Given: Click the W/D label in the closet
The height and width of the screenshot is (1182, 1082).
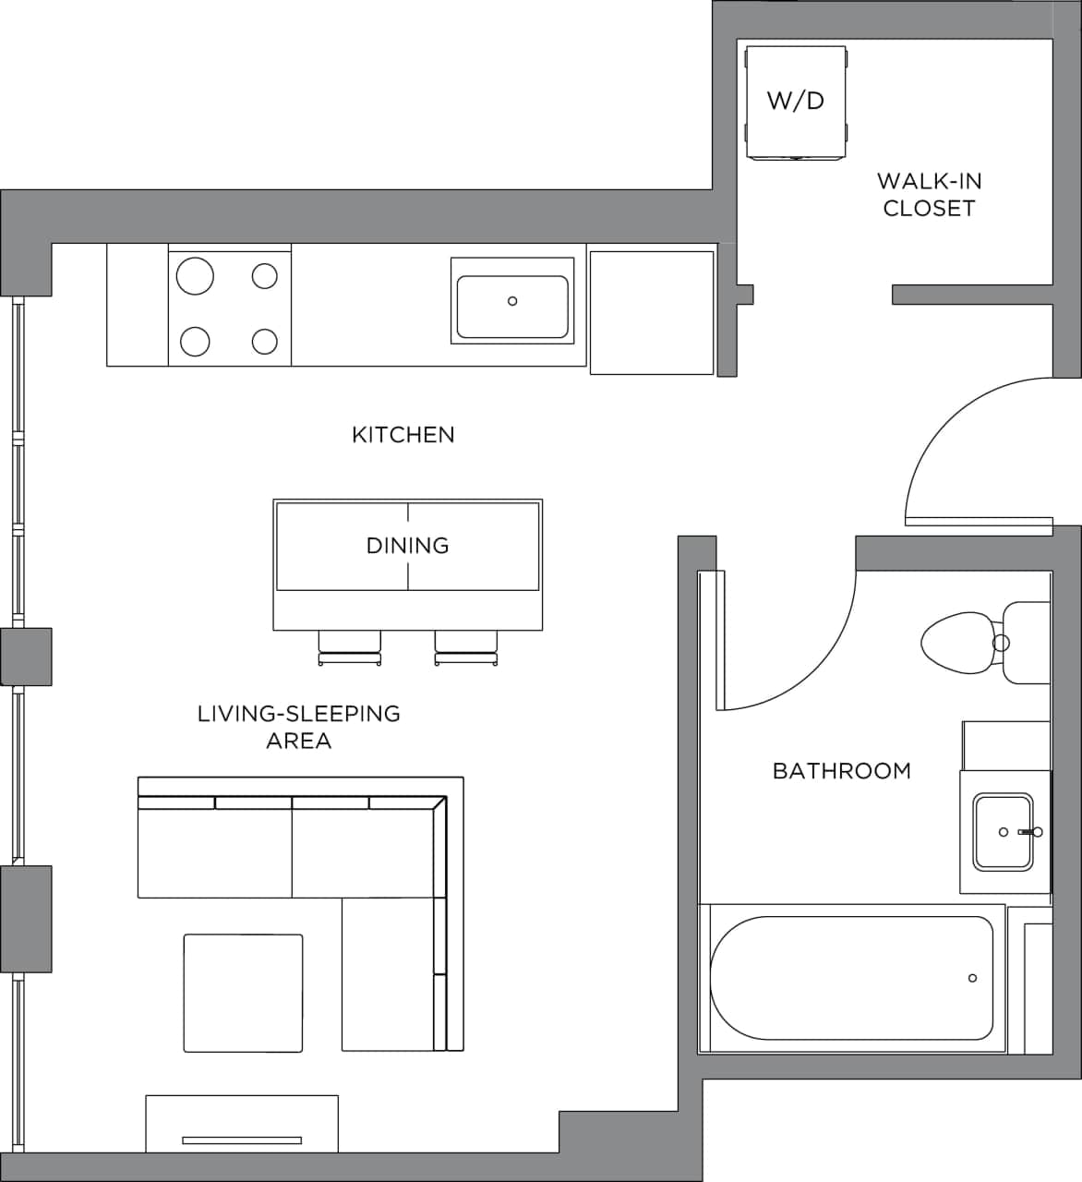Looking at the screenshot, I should click(x=795, y=100).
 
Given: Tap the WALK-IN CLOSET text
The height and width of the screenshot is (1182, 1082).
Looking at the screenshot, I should click(x=929, y=194).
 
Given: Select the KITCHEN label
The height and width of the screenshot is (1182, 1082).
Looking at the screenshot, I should click(x=403, y=434).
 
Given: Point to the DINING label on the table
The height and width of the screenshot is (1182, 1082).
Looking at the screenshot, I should click(x=407, y=545).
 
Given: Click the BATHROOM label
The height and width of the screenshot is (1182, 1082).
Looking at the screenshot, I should click(x=841, y=770).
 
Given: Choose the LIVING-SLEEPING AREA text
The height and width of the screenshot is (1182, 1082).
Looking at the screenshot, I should click(x=298, y=727).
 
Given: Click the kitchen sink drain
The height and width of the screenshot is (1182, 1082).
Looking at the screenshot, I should click(x=512, y=301).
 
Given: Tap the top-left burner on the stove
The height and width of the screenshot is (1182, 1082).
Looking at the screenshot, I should click(x=195, y=275).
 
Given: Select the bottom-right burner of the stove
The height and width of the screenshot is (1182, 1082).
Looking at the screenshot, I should click(x=265, y=342).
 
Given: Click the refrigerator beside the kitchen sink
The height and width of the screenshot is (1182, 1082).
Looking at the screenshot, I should click(x=652, y=312).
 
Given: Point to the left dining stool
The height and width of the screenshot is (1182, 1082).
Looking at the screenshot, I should click(x=349, y=645).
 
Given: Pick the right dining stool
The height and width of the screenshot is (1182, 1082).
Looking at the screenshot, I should click(x=466, y=645).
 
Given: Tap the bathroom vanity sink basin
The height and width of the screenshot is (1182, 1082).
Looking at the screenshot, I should click(x=1002, y=831).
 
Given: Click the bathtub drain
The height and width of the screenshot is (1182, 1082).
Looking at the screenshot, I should click(x=972, y=978).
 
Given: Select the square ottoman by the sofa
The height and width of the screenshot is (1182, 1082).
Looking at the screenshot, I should click(x=243, y=993).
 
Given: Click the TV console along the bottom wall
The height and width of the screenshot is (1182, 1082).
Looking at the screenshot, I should click(x=242, y=1123).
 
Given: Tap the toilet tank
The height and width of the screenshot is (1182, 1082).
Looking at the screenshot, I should click(x=1027, y=642).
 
